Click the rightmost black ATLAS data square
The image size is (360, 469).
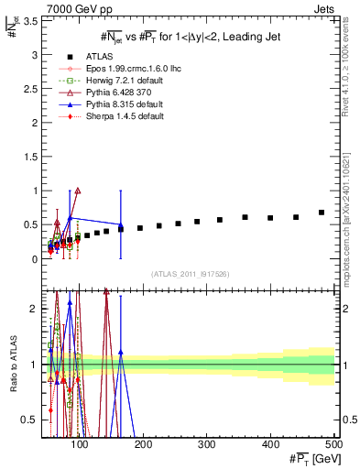[322, 213]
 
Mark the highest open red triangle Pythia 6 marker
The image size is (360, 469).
[78, 191]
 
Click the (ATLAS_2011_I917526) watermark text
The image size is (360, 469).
[189, 274]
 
